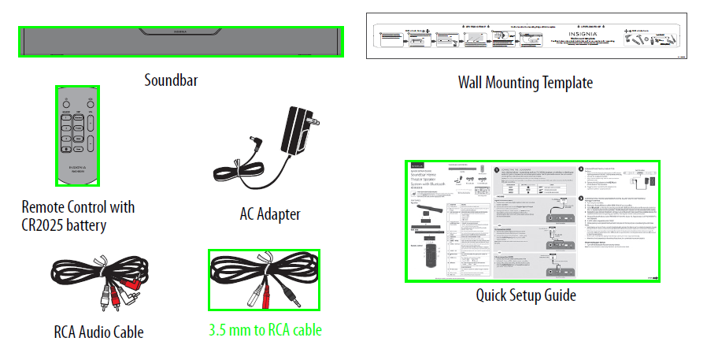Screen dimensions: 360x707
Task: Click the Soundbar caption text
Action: (x=170, y=80)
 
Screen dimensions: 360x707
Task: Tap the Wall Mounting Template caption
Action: (x=525, y=82)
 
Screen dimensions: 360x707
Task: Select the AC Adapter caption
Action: (x=270, y=213)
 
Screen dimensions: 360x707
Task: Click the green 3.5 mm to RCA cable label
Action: (x=265, y=330)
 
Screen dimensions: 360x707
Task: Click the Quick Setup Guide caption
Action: (x=525, y=295)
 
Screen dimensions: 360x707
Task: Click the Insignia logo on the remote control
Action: (x=78, y=168)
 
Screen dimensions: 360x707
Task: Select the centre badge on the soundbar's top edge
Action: (x=180, y=32)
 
